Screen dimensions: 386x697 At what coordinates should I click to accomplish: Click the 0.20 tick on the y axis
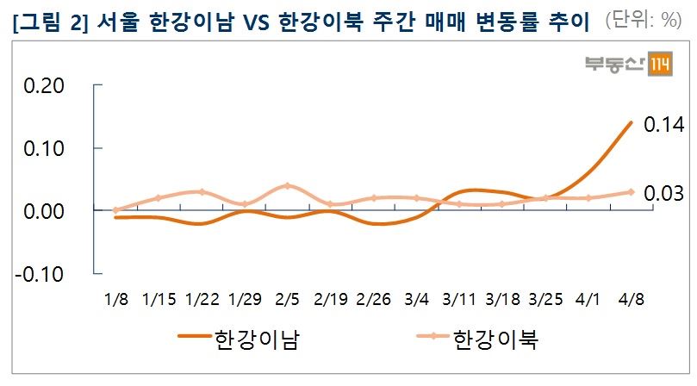(x=43, y=86)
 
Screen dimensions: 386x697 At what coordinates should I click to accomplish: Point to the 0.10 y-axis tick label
(x=43, y=148)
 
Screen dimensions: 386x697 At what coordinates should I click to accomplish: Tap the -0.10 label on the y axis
(x=40, y=274)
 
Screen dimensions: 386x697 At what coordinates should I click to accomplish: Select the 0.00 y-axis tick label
(x=43, y=211)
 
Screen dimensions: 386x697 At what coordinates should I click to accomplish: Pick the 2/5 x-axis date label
(x=287, y=299)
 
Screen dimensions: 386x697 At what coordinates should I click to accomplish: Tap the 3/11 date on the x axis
(x=458, y=299)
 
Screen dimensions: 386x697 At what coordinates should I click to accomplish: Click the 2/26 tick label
(x=372, y=299)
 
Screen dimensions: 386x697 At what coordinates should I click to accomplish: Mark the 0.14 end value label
(x=664, y=126)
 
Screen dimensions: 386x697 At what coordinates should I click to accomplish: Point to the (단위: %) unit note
(x=644, y=21)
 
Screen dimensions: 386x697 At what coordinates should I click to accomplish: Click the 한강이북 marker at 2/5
(x=287, y=186)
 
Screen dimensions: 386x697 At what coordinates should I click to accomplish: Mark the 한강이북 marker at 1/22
(x=202, y=192)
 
